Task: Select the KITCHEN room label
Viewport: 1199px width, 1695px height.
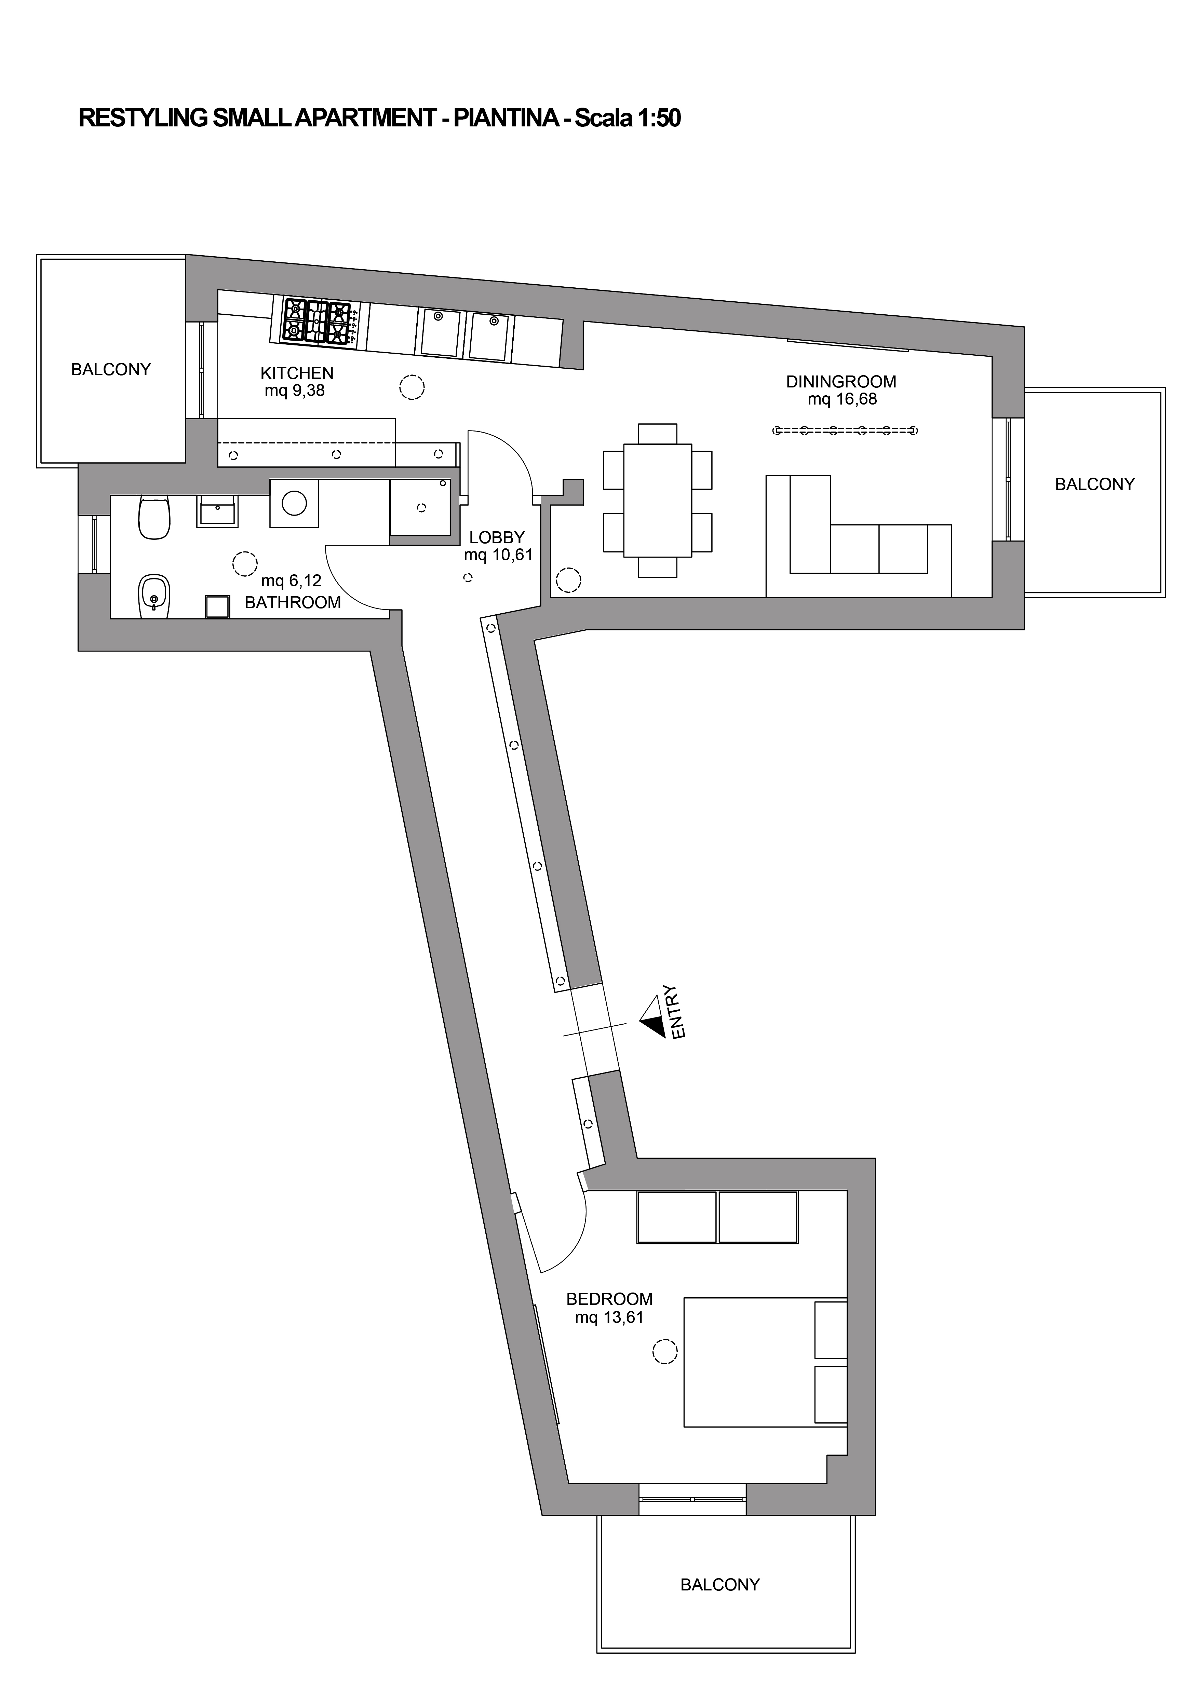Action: click(x=297, y=373)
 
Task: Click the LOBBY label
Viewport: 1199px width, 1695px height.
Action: click(x=497, y=537)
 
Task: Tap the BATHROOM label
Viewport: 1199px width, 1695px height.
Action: click(x=293, y=602)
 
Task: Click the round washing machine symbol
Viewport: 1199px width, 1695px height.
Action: click(x=294, y=504)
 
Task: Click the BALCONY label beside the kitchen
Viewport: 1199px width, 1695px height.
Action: click(x=111, y=369)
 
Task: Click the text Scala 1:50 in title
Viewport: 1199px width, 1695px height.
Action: click(x=628, y=118)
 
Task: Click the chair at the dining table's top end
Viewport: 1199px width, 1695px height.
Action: click(x=658, y=433)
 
